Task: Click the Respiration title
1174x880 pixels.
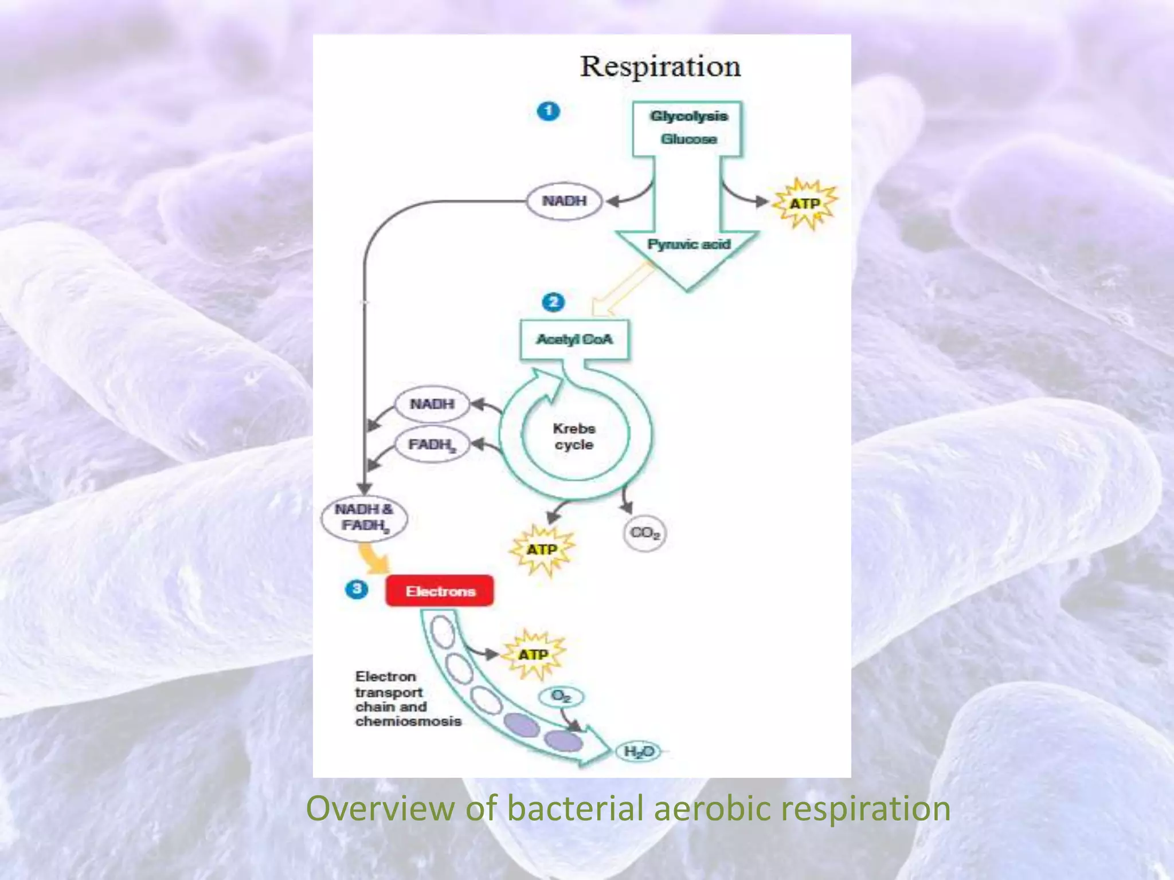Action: [x=660, y=66]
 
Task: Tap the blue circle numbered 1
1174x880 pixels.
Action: [x=548, y=111]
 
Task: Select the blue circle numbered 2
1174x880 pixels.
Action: [x=553, y=302]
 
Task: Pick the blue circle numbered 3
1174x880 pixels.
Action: [x=357, y=589]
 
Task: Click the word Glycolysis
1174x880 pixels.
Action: [x=688, y=116]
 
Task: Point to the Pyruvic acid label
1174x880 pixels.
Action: [x=688, y=245]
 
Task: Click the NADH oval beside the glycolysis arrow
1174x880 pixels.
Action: [x=564, y=201]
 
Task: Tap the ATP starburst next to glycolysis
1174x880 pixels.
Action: [x=805, y=204]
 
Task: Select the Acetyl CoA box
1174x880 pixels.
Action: [x=574, y=340]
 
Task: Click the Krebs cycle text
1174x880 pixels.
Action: [x=574, y=437]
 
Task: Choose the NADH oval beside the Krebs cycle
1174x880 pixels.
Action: [x=432, y=404]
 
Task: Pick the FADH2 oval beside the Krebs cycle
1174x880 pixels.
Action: [x=432, y=445]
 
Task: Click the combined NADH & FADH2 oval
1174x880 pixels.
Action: [x=364, y=517]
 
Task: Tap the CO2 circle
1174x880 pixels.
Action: [x=644, y=533]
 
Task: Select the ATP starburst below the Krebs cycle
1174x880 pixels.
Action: [x=542, y=550]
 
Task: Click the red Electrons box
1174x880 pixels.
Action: [x=440, y=591]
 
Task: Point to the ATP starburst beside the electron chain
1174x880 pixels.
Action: [x=533, y=655]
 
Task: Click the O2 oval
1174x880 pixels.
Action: [x=561, y=697]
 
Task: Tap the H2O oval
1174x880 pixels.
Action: [x=638, y=752]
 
